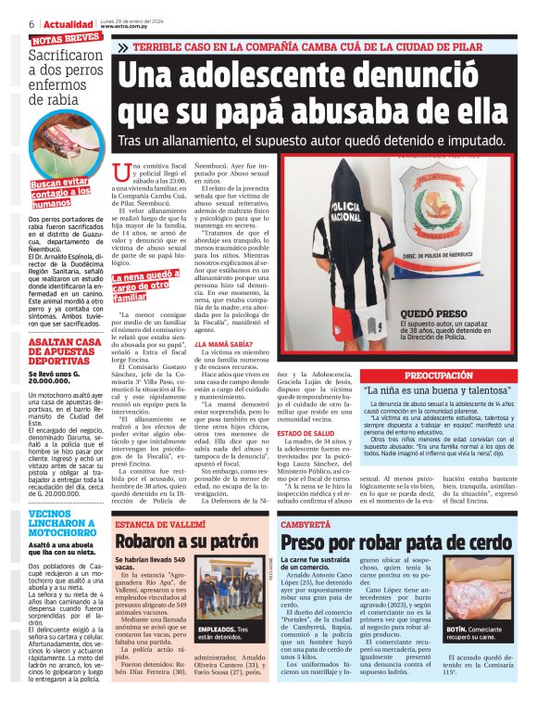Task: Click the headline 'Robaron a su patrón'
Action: (x=186, y=542)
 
